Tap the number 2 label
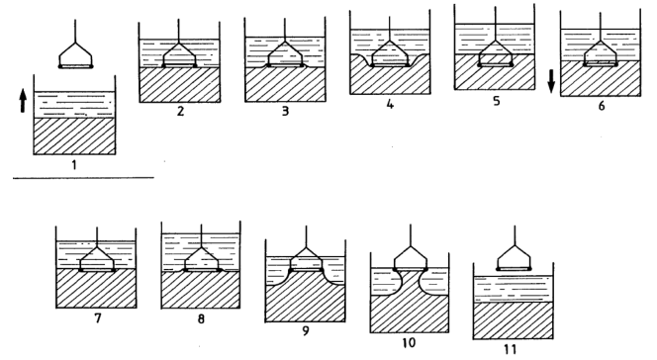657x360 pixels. (179, 112)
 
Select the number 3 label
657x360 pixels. (285, 112)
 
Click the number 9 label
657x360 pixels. (305, 332)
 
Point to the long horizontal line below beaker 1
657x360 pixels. (83, 177)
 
